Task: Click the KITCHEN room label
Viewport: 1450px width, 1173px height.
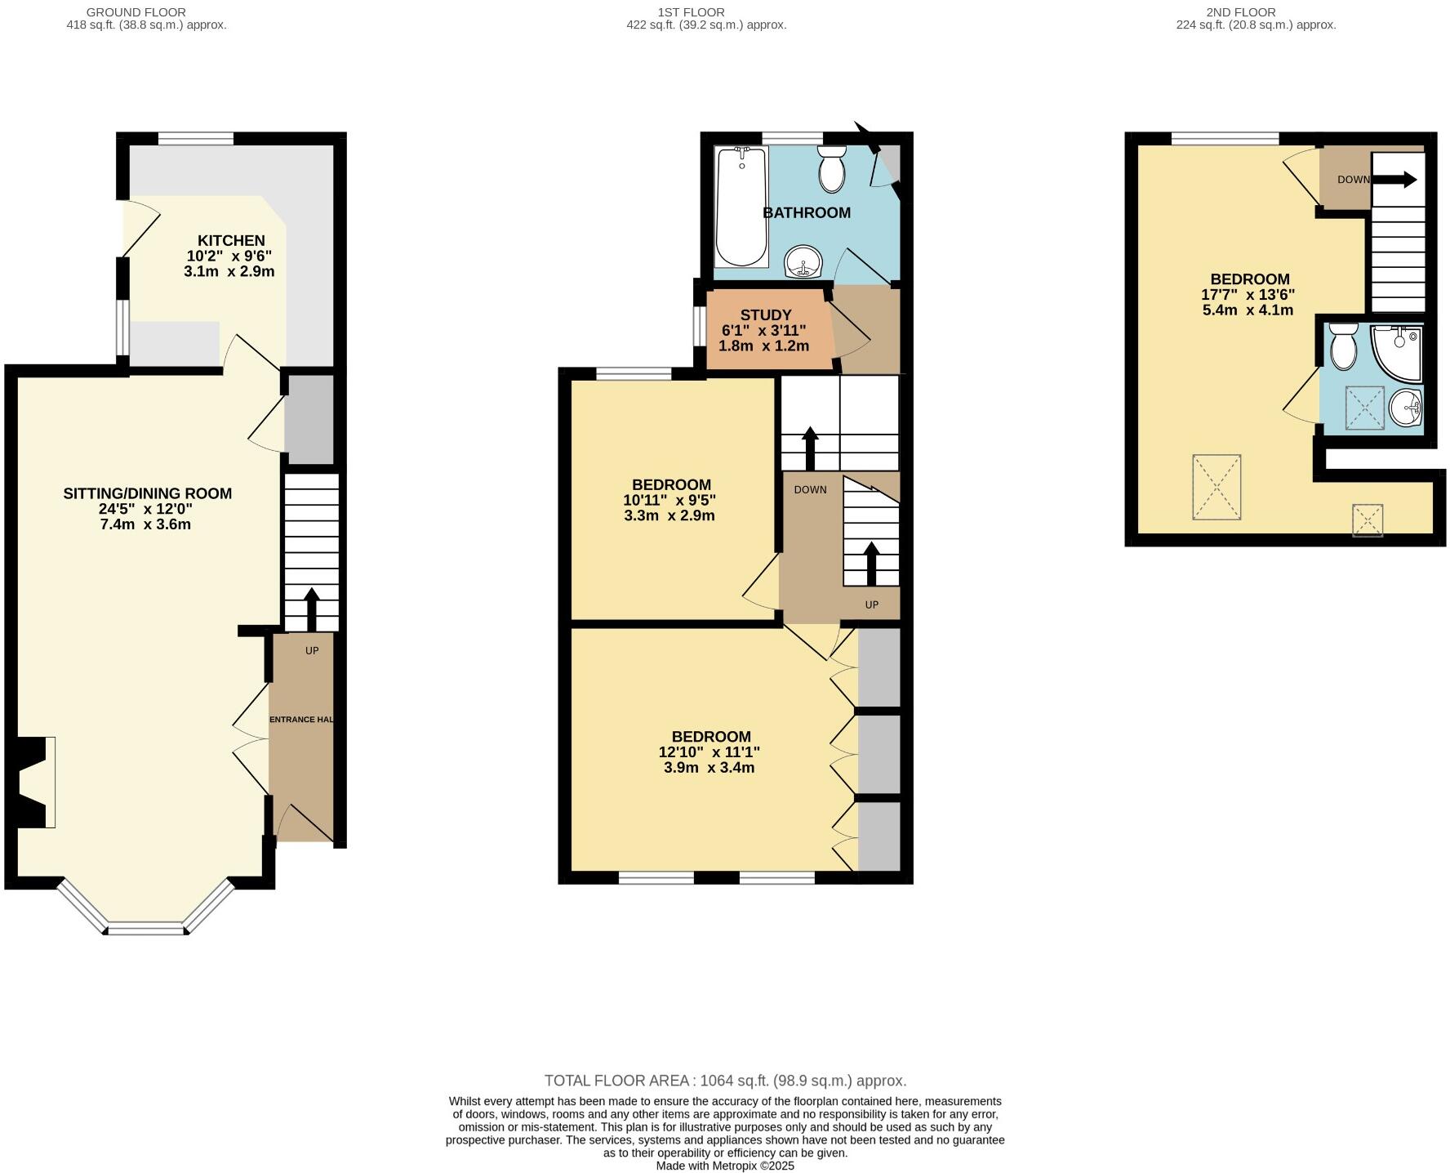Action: [231, 240]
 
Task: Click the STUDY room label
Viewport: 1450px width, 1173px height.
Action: [765, 315]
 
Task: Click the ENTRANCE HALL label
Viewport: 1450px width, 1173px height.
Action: [301, 720]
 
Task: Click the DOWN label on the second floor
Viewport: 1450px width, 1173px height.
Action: [1353, 180]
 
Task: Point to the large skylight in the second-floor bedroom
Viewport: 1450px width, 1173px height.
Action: [1216, 487]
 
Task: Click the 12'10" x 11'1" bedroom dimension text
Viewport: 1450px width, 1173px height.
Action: [709, 752]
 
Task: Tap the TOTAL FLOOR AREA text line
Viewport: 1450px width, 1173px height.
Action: [725, 1081]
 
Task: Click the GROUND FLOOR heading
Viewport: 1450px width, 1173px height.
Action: [136, 12]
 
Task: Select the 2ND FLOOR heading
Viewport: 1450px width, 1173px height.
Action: [1240, 12]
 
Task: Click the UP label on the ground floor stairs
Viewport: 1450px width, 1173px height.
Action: [311, 651]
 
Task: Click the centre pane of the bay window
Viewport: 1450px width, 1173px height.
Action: [145, 929]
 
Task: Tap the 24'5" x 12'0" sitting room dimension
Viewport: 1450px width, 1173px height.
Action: [146, 509]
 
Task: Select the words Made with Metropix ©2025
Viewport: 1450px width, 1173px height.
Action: [725, 1166]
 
